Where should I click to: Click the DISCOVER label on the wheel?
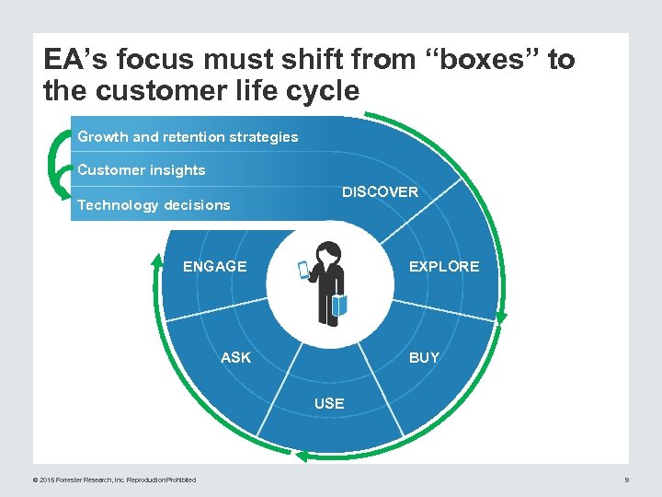[x=380, y=192]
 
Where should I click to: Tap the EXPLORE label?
[x=444, y=266]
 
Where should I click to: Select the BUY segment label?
[x=424, y=357]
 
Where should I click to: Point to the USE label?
[x=329, y=403]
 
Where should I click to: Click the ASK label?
[x=235, y=357]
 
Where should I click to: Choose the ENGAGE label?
[x=215, y=266]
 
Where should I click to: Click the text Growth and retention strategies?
[x=188, y=137]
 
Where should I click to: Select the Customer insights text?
[x=142, y=170]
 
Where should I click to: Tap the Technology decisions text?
[x=154, y=205]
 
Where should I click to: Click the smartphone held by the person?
[x=304, y=270]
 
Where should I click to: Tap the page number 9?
[x=626, y=480]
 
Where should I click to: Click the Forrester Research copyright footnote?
[x=114, y=480]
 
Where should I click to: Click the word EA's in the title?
[x=71, y=61]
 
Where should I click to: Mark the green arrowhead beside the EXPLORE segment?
[x=500, y=317]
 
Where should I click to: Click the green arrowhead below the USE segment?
[x=302, y=456]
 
